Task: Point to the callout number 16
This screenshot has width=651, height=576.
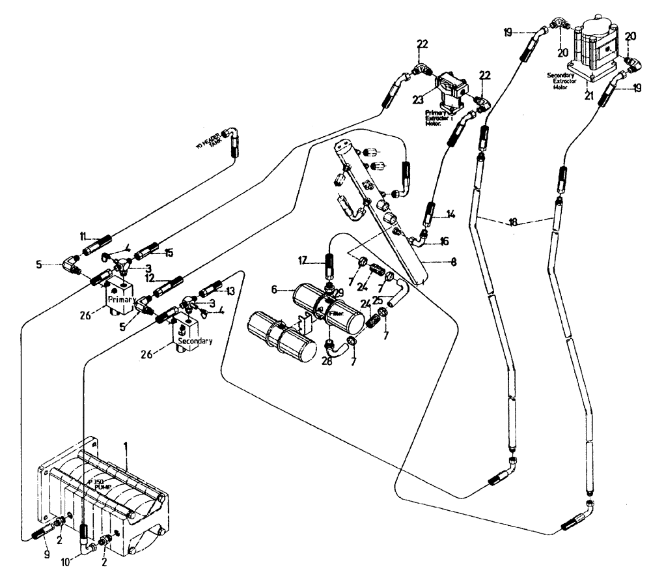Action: (x=445, y=240)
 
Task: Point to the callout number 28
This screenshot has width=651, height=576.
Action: (x=327, y=360)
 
